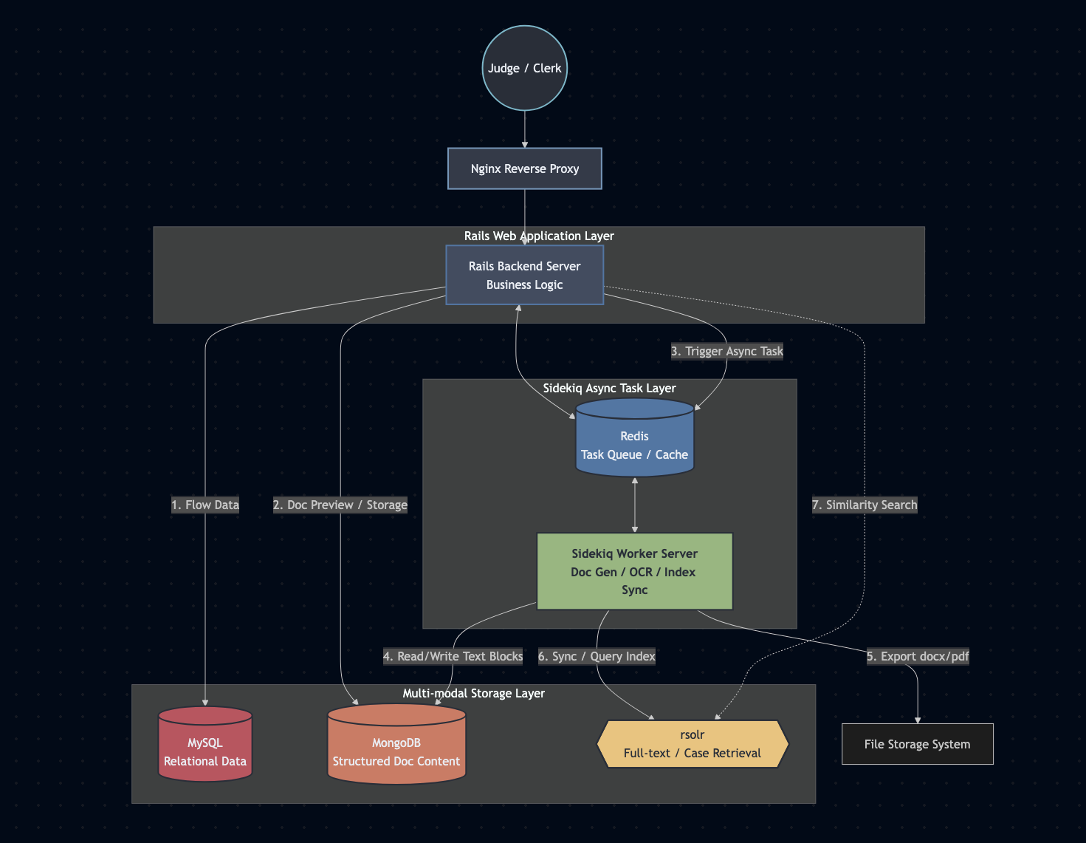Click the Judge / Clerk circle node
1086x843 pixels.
coord(524,68)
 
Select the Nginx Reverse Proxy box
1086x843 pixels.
coord(524,168)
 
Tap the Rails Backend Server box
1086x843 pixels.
coord(524,275)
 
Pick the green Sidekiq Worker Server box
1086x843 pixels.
coord(634,571)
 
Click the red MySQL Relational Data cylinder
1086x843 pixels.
coord(205,746)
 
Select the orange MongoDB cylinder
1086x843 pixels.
coord(396,746)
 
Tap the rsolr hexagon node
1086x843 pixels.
coord(692,744)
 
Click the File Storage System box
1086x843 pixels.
coord(917,744)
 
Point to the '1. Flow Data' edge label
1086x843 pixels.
coord(205,505)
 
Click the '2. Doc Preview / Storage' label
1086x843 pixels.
coord(340,505)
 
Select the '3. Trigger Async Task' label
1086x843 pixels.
coord(726,351)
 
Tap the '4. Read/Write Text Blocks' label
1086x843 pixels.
coord(453,656)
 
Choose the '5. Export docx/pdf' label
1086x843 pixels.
coord(917,656)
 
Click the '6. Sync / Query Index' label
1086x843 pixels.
coord(597,656)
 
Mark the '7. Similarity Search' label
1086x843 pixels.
coord(865,505)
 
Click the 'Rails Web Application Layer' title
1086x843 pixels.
coord(539,236)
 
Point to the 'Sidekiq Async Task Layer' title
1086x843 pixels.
coord(609,388)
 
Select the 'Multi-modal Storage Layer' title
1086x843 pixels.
coord(473,693)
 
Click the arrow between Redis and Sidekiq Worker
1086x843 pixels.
coord(634,505)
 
